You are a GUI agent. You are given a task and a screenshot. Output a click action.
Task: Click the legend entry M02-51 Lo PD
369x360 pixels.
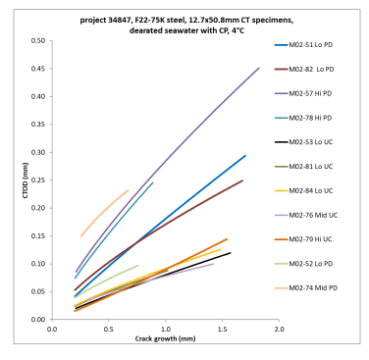click(x=316, y=46)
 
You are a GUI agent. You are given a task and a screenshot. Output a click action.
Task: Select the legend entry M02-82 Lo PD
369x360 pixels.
click(x=316, y=70)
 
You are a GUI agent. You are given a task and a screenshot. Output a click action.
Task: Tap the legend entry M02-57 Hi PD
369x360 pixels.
click(x=316, y=94)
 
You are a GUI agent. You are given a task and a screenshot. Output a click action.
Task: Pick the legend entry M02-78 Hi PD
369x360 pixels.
click(x=316, y=119)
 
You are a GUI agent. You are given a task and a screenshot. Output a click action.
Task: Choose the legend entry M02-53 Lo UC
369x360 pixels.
click(x=316, y=143)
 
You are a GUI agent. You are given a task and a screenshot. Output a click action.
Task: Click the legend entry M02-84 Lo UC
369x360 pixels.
click(x=316, y=191)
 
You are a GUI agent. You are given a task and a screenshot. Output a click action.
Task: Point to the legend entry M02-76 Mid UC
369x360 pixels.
click(x=316, y=216)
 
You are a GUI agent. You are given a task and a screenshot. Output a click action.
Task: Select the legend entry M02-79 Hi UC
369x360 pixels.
click(x=316, y=240)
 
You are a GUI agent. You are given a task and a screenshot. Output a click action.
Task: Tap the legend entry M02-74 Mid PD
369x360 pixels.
click(x=316, y=288)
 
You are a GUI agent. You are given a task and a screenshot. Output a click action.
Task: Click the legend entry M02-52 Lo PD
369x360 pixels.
click(x=316, y=264)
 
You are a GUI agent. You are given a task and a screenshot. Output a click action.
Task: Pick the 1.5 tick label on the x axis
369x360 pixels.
click(x=222, y=330)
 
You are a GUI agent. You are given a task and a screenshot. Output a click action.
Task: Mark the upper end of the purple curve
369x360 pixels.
click(x=259, y=68)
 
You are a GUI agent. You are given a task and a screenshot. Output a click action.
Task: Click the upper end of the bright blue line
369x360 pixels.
click(x=245, y=155)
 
